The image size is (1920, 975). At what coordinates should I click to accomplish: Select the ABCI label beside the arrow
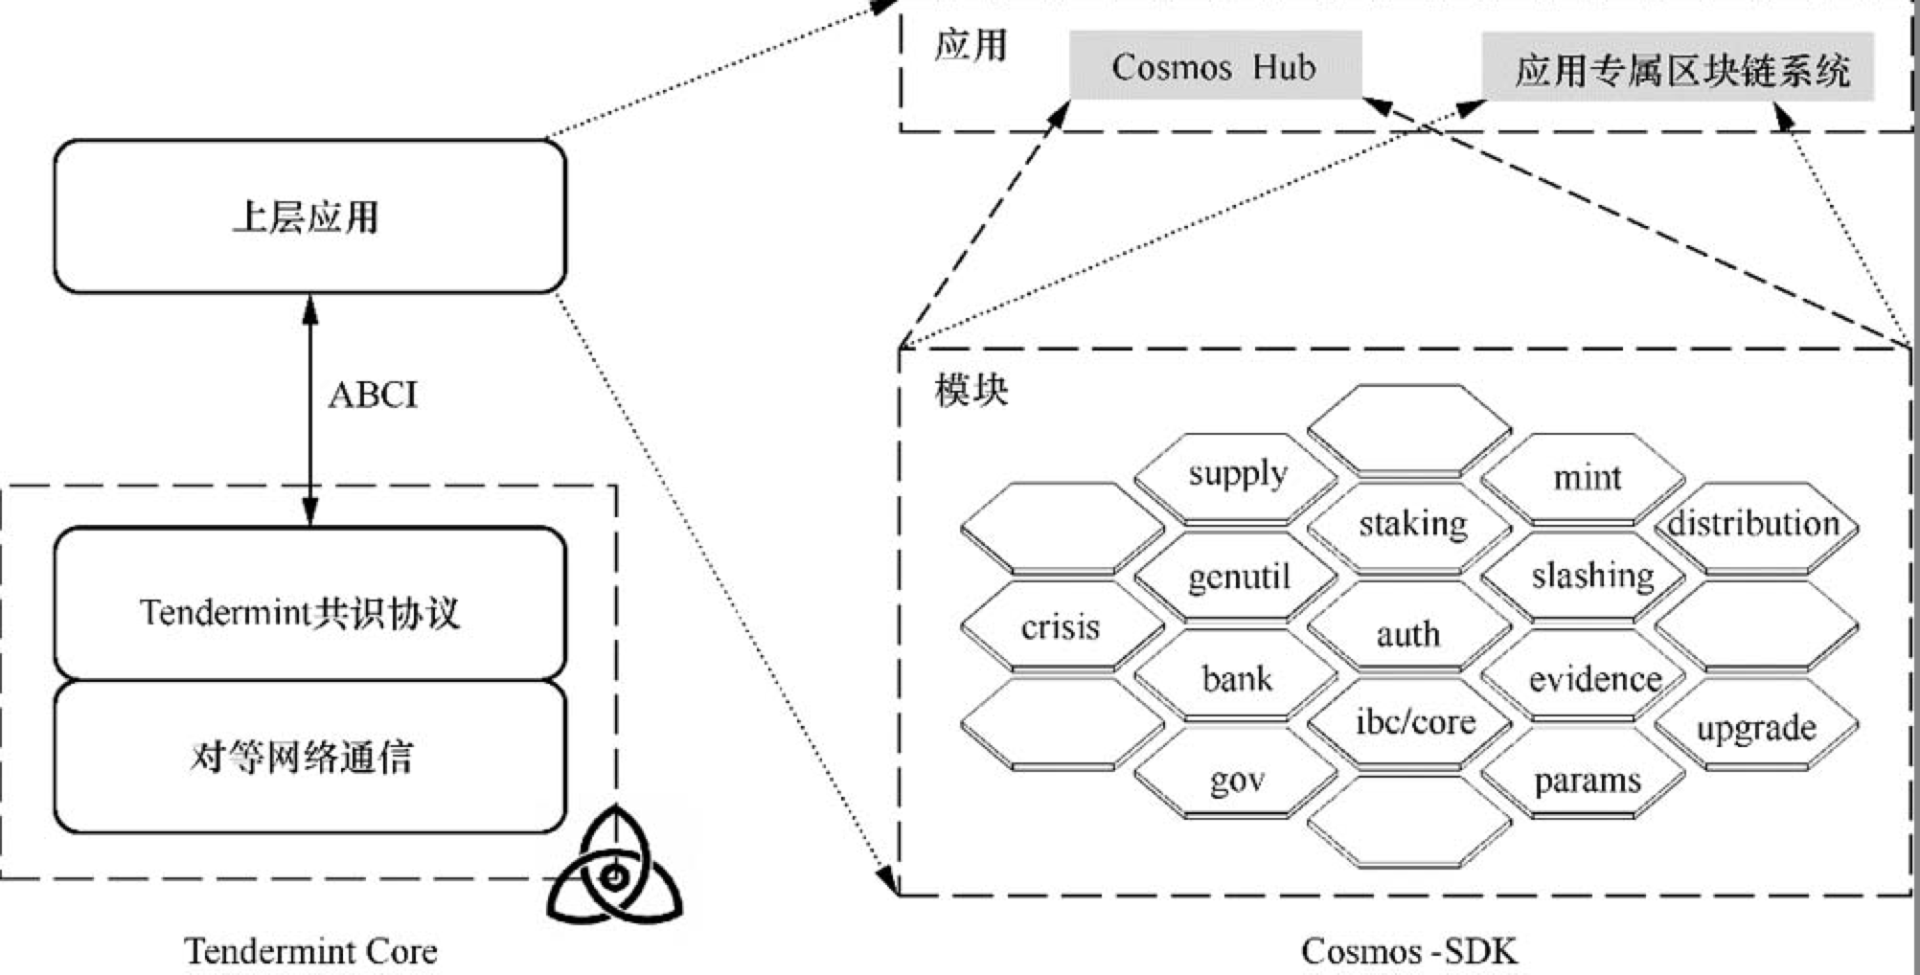pyautogui.click(x=373, y=395)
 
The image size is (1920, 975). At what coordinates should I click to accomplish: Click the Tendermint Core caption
pyautogui.click(x=310, y=951)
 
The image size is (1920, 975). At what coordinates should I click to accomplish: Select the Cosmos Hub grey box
pyautogui.click(x=1214, y=66)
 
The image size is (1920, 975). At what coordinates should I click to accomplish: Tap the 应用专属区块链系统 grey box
pyautogui.click(x=1678, y=68)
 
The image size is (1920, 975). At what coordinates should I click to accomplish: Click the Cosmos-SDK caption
pyautogui.click(x=1408, y=951)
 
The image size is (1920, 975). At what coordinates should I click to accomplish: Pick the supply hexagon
pyautogui.click(x=1237, y=475)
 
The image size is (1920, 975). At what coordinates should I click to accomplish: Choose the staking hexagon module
pyautogui.click(x=1411, y=524)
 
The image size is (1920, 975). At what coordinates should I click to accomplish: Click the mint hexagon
pyautogui.click(x=1586, y=477)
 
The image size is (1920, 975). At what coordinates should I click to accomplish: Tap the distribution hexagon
pyautogui.click(x=1754, y=524)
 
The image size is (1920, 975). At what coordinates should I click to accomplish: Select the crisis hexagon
pyautogui.click(x=1061, y=627)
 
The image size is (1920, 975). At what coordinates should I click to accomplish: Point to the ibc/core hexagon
pyautogui.click(x=1413, y=721)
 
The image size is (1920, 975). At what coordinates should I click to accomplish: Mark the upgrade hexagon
pyautogui.click(x=1756, y=728)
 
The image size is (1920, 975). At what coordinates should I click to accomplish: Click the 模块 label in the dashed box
pyautogui.click(x=971, y=391)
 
